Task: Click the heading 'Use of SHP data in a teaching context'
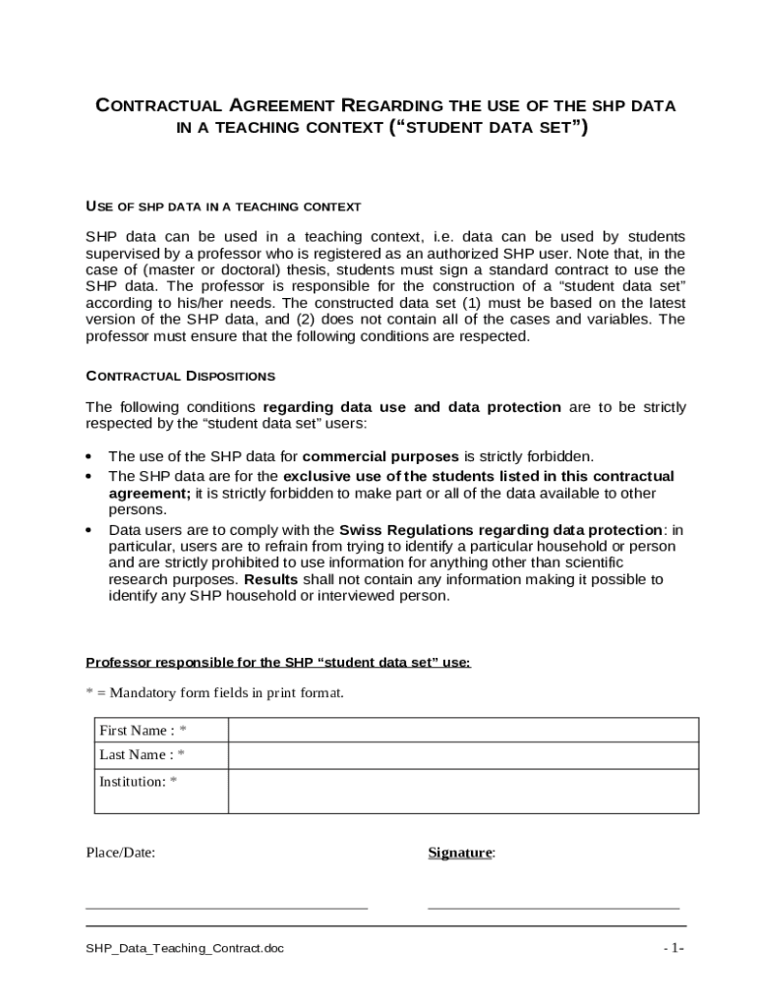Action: [223, 207]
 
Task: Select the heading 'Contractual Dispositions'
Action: [181, 376]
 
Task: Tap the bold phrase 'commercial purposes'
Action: [380, 456]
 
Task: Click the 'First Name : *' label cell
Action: [143, 730]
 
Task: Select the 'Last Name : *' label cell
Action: [143, 755]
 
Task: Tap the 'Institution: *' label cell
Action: [139, 782]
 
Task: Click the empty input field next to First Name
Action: [463, 730]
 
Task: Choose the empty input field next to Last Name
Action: [463, 755]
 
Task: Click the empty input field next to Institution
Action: [463, 792]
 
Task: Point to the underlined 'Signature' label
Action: [459, 853]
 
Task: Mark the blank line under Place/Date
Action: [226, 906]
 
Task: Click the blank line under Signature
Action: [553, 906]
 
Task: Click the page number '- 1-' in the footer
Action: [673, 948]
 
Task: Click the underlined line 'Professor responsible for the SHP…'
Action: [278, 662]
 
